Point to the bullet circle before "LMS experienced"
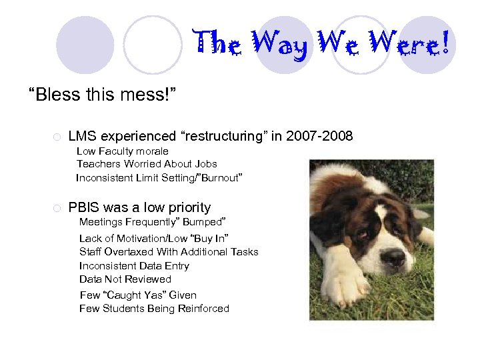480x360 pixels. [x=57, y=137]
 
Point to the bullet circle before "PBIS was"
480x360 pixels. [x=57, y=208]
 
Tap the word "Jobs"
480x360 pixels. [x=205, y=164]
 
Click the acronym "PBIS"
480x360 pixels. [x=84, y=207]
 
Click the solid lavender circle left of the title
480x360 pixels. [x=85, y=45]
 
